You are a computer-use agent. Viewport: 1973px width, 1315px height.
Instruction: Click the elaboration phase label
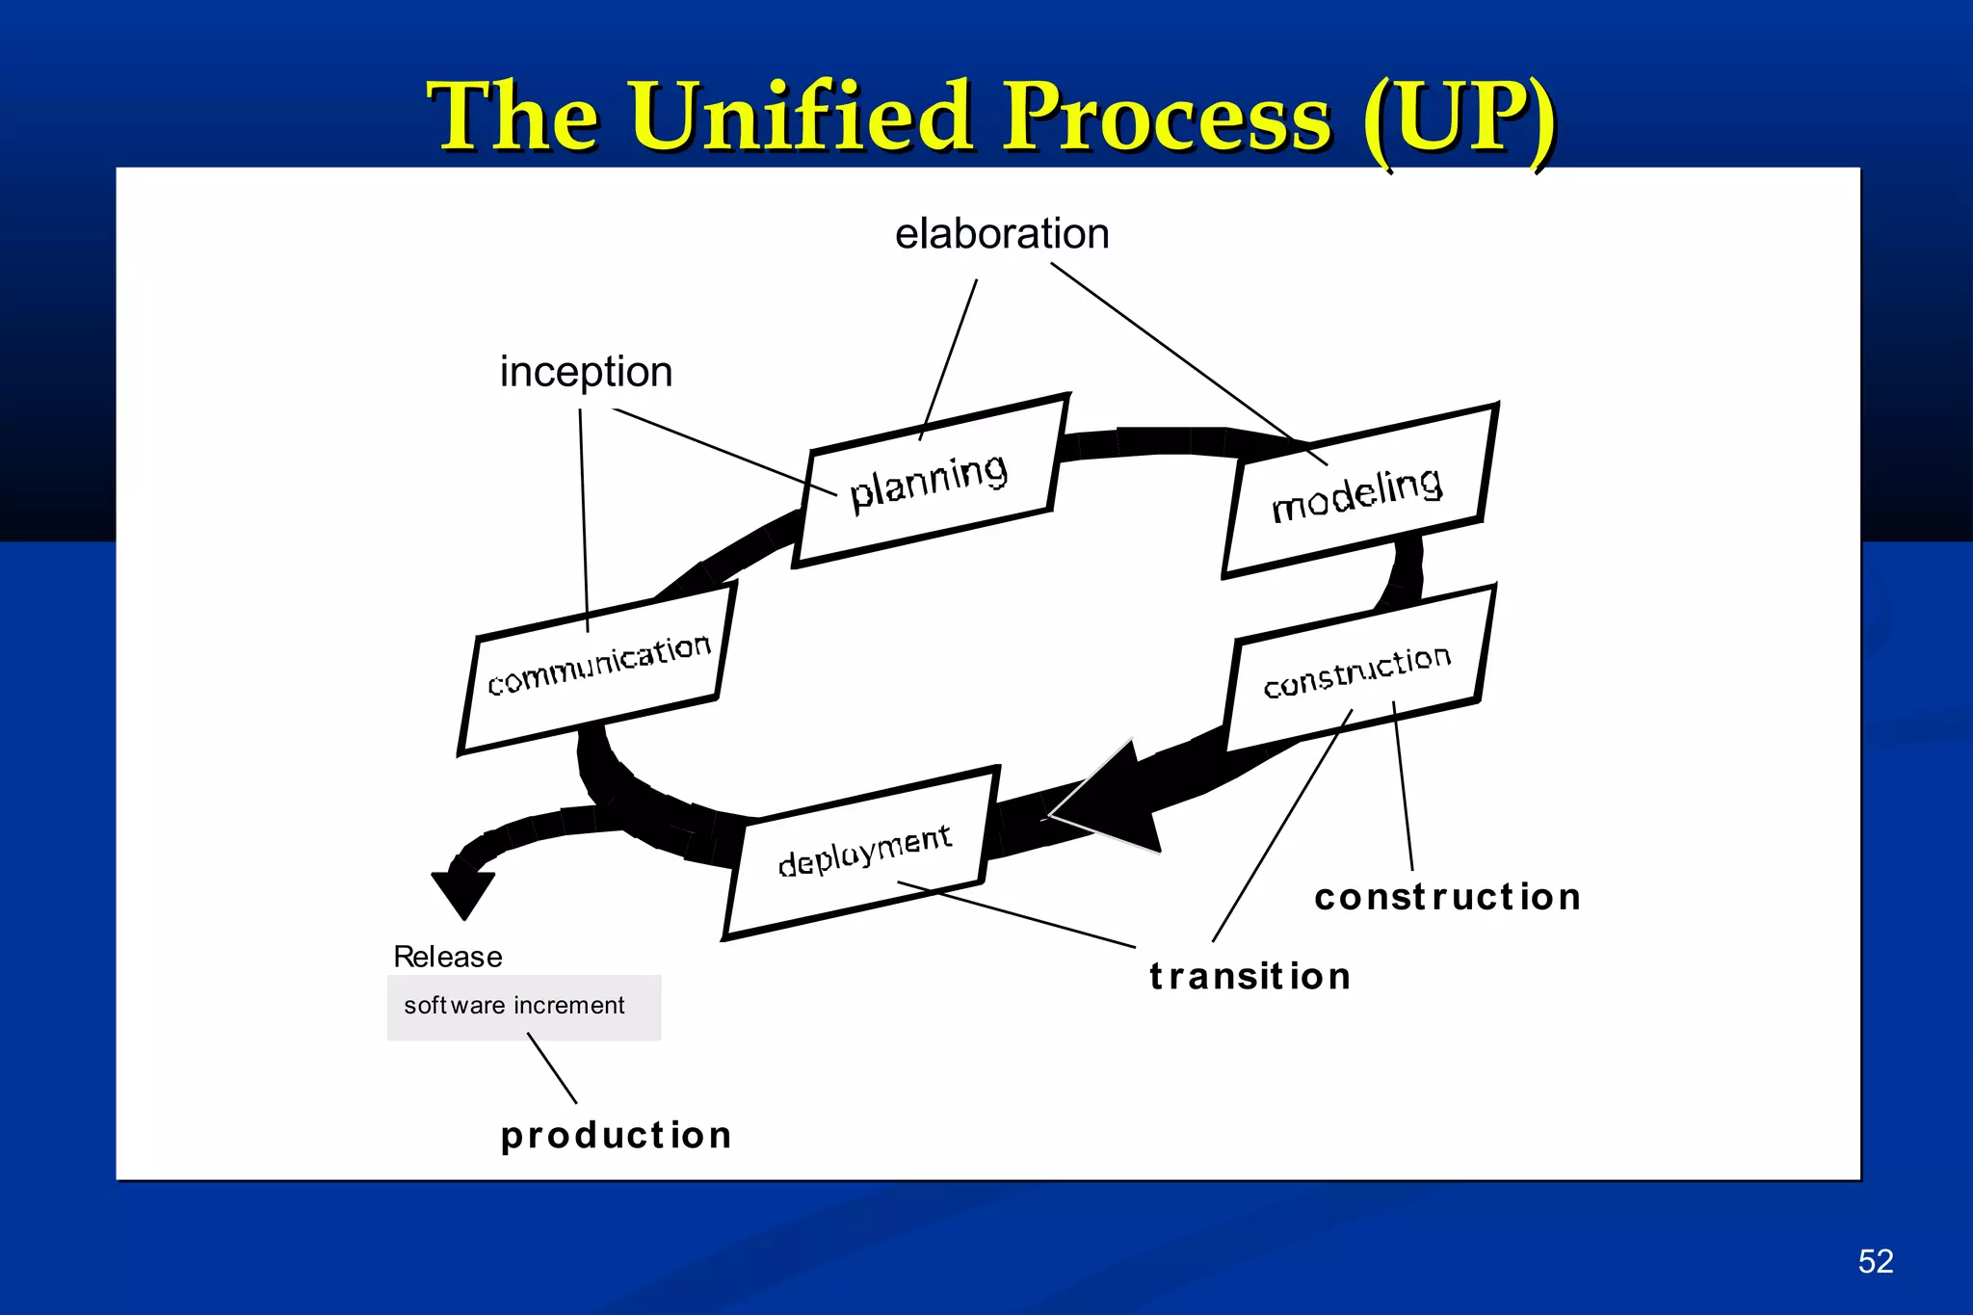pyautogui.click(x=1002, y=234)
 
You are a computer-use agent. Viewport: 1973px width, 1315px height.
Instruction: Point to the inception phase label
pyautogui.click(x=586, y=372)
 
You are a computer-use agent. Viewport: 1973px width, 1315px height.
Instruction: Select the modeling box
pyautogui.click(x=1358, y=491)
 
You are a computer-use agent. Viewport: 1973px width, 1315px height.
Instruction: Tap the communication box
pyautogui.click(x=597, y=667)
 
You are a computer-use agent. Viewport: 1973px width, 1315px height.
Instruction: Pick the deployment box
pyautogui.click(x=863, y=852)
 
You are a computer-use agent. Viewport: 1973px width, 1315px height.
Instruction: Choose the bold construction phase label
pyautogui.click(x=1447, y=897)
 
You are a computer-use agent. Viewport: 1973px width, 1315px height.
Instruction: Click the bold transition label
pyautogui.click(x=1250, y=976)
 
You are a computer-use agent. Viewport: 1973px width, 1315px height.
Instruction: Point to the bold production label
pyautogui.click(x=617, y=1135)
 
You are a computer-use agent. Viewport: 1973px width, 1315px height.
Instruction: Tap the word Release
pyautogui.click(x=448, y=957)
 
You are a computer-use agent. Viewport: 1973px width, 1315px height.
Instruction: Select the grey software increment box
pyautogui.click(x=524, y=1008)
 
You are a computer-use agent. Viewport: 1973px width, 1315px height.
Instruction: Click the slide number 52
pyautogui.click(x=1875, y=1261)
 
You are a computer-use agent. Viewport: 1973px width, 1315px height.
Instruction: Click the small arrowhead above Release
pyautogui.click(x=463, y=892)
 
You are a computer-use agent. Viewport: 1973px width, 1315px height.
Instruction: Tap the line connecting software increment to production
pyautogui.click(x=552, y=1068)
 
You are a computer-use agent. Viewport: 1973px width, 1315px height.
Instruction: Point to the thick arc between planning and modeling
pyautogui.click(x=1151, y=441)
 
